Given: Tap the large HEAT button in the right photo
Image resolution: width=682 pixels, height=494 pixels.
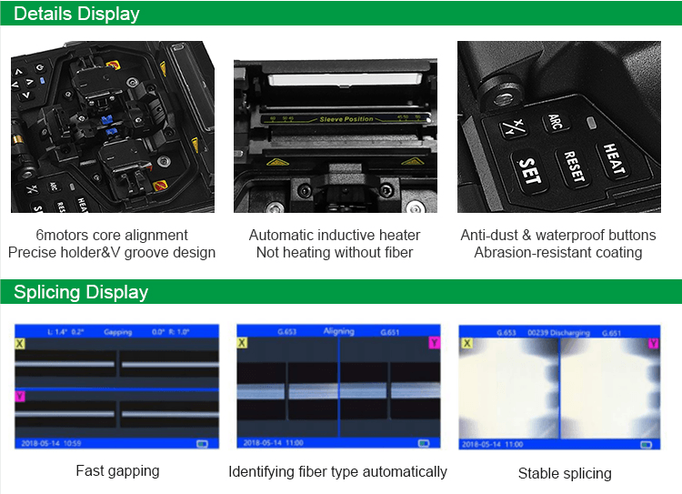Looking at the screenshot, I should pyautogui.click(x=615, y=161).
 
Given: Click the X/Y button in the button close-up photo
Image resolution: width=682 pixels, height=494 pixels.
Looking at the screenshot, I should pyautogui.click(x=517, y=129).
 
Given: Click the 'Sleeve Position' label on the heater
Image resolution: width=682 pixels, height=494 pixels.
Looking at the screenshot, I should pyautogui.click(x=346, y=119).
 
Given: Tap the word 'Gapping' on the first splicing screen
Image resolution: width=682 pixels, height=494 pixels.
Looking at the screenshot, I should pyautogui.click(x=118, y=332).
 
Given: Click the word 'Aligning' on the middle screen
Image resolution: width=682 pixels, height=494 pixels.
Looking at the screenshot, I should pyautogui.click(x=338, y=331).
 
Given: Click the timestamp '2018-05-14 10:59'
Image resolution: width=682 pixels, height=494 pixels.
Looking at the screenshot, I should pyautogui.click(x=48, y=443).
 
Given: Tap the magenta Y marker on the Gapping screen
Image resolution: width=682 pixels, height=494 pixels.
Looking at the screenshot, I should pyautogui.click(x=20, y=396).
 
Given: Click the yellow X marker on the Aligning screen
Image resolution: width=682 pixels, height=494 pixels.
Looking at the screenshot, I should pyautogui.click(x=242, y=343).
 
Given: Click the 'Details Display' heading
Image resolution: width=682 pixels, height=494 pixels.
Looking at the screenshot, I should pyautogui.click(x=77, y=14).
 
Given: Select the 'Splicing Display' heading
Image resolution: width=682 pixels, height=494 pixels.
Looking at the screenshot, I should pyautogui.click(x=81, y=292).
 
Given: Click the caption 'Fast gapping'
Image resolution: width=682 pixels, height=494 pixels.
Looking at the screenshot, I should pyautogui.click(x=117, y=470).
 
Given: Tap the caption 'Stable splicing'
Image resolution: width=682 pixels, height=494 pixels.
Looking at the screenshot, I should pyautogui.click(x=565, y=473).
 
